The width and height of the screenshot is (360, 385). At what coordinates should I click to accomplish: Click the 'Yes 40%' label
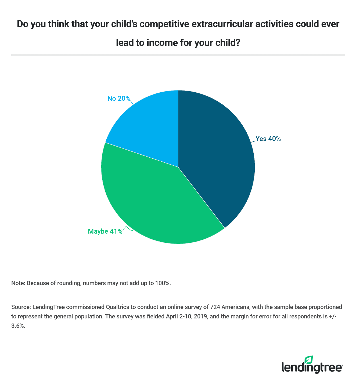pyautogui.click(x=268, y=139)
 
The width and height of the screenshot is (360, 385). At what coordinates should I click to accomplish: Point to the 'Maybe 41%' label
pyautogui.click(x=105, y=231)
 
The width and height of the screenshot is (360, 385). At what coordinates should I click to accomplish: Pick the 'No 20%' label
pyautogui.click(x=118, y=99)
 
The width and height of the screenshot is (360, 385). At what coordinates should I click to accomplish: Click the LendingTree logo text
pyautogui.click(x=312, y=367)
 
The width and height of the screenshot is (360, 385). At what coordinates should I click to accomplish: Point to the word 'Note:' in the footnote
pyautogui.click(x=18, y=283)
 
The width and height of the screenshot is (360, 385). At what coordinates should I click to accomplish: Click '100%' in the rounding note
pyautogui.click(x=163, y=283)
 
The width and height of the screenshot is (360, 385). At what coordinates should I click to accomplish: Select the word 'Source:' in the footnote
pyautogui.click(x=21, y=307)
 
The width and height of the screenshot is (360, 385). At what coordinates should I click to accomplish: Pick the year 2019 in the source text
pyautogui.click(x=201, y=316)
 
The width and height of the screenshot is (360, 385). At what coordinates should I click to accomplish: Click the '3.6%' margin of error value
pyautogui.click(x=18, y=326)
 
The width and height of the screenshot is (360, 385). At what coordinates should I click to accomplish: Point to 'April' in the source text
pyautogui.click(x=173, y=316)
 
